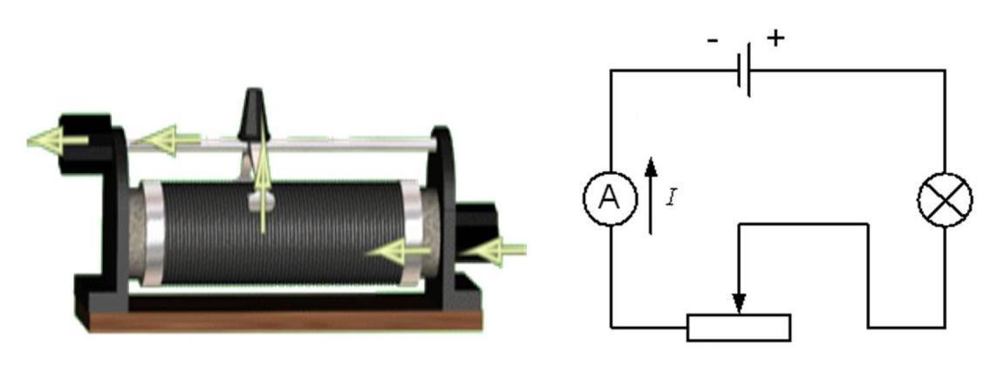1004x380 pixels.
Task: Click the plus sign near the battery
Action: (775, 38)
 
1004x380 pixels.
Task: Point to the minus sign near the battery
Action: (713, 41)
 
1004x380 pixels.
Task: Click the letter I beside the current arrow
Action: (671, 197)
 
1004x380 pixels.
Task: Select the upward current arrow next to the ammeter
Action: (651, 196)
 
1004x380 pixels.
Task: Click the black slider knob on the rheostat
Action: (254, 114)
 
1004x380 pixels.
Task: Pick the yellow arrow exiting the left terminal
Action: (58, 141)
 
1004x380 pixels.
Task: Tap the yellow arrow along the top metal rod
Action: (167, 140)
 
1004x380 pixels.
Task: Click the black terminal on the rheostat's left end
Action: (85, 143)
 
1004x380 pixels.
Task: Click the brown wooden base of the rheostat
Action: (285, 321)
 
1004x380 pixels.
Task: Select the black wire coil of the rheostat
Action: (282, 233)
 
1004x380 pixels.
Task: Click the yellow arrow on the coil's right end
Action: (399, 252)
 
